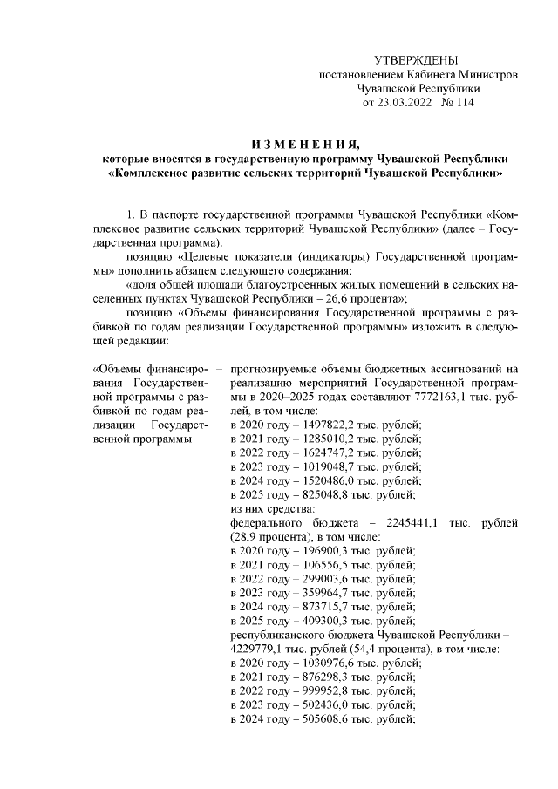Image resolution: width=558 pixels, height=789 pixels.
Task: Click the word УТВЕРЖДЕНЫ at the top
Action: pyautogui.click(x=414, y=60)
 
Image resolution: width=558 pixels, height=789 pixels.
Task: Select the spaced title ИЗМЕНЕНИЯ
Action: pyautogui.click(x=303, y=143)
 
